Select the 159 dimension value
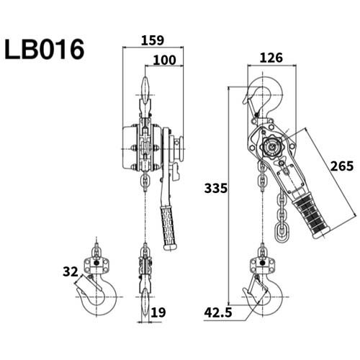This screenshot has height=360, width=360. pyautogui.click(x=153, y=40)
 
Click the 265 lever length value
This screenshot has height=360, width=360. pyautogui.click(x=341, y=166)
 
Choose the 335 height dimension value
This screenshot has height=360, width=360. pyautogui.click(x=215, y=189)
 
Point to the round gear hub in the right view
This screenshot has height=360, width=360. pyautogui.click(x=271, y=148)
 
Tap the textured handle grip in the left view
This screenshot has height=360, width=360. pyautogui.click(x=168, y=227)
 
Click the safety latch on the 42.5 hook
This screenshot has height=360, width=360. pyautogui.click(x=253, y=292)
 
